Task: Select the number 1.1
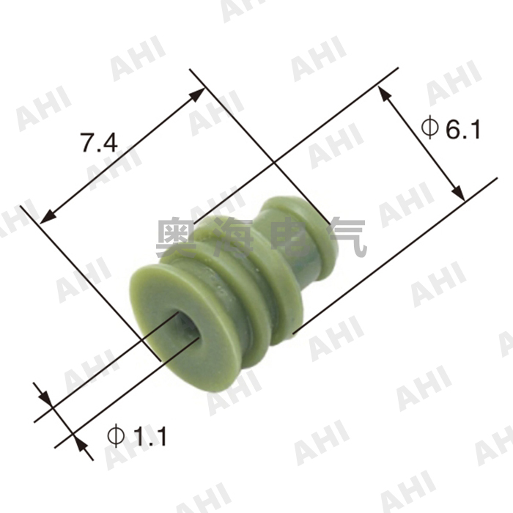150,437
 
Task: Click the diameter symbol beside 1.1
116,436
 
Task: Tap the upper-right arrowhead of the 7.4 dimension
198,93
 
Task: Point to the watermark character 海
236,237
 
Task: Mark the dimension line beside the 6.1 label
421,144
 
